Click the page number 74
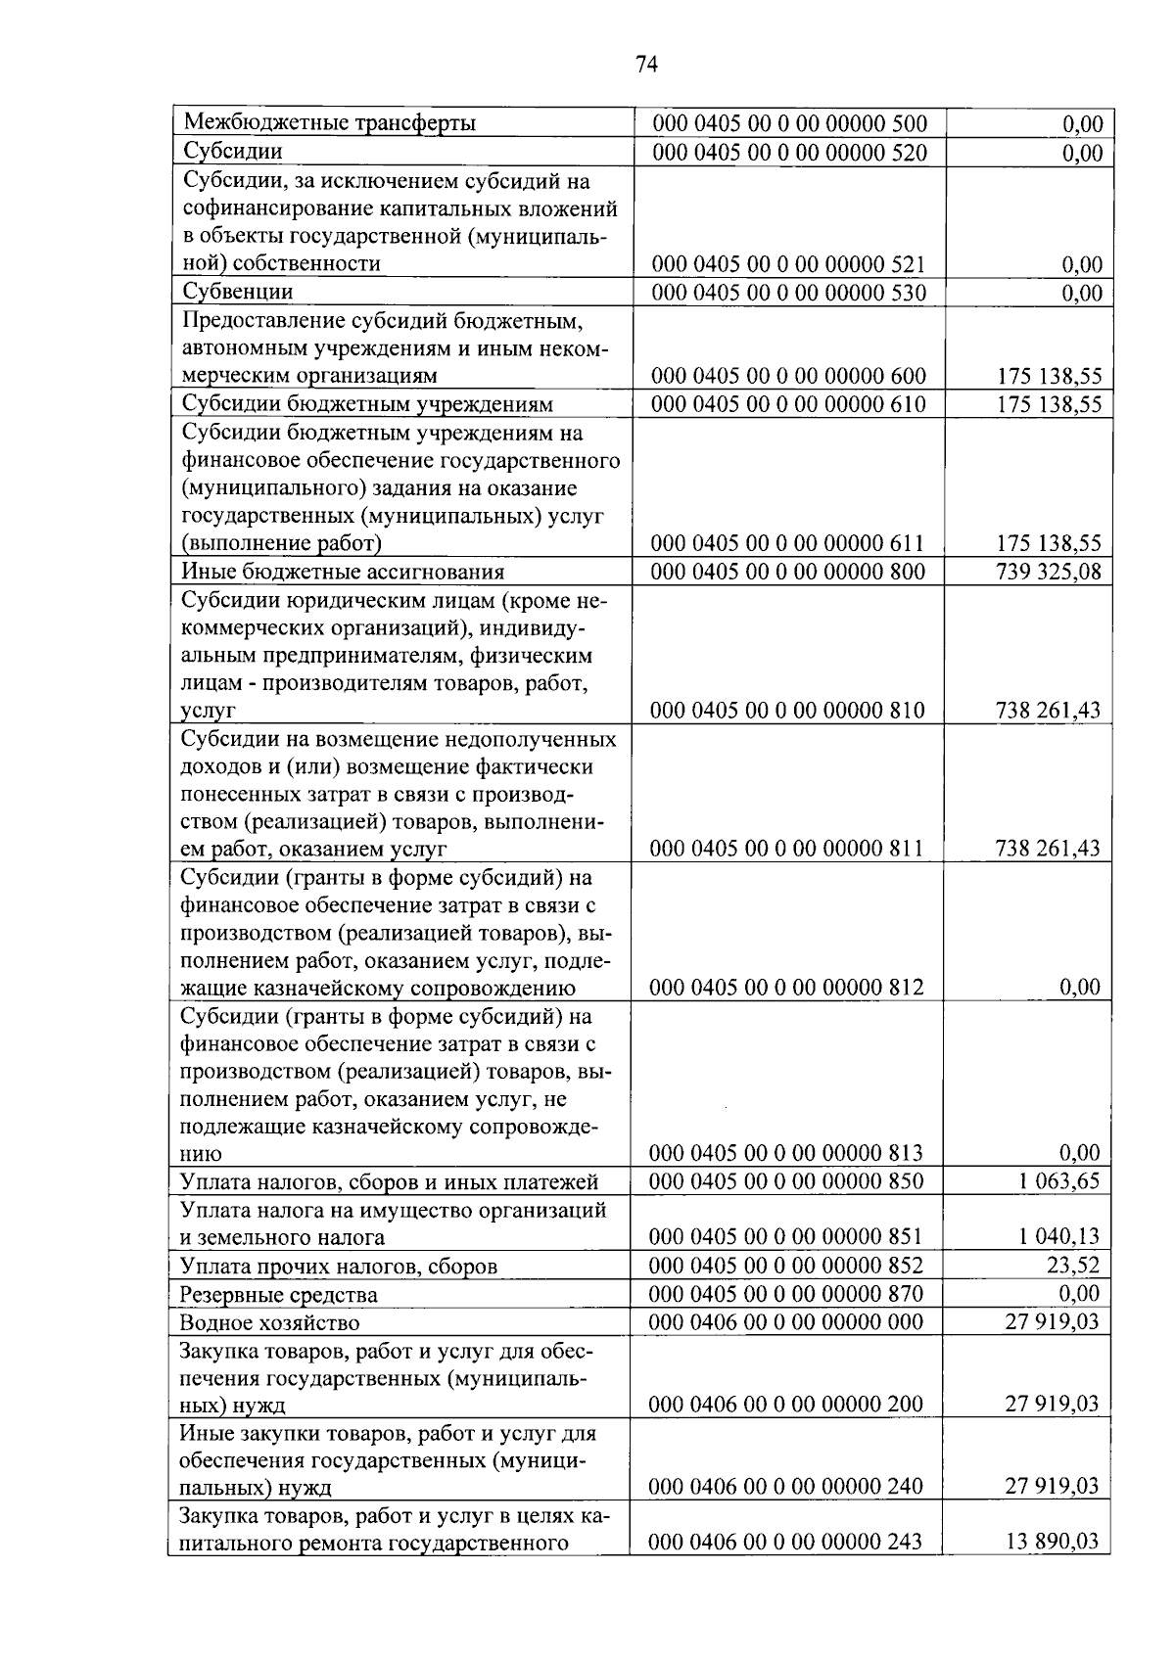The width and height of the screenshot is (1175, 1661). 645,65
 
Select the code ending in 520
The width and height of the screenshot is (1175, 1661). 788,152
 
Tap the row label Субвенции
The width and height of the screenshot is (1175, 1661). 238,292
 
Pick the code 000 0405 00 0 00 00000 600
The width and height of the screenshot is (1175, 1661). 788,376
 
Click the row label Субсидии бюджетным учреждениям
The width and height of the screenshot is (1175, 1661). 367,404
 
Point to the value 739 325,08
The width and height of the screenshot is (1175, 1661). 1048,572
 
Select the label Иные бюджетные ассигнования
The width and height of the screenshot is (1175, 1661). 343,572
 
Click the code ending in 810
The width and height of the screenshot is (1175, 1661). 788,710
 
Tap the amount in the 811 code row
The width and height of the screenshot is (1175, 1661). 1048,849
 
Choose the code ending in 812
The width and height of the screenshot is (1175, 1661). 787,987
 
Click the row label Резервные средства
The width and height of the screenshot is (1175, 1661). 278,1295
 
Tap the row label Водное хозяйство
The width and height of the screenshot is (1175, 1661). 269,1323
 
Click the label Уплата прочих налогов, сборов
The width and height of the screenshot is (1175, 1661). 338,1267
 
